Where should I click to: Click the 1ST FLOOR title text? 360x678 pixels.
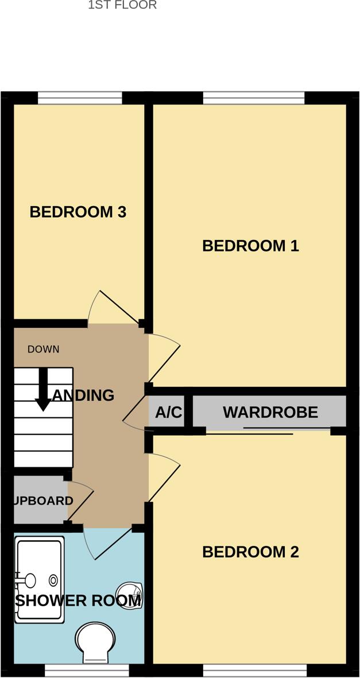click(x=122, y=5)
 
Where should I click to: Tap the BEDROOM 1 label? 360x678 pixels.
click(x=250, y=246)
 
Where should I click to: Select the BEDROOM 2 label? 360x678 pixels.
click(x=250, y=552)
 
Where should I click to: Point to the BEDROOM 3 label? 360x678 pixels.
click(x=78, y=212)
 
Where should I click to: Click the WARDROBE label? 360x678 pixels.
click(x=270, y=412)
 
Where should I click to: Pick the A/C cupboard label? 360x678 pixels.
click(x=168, y=412)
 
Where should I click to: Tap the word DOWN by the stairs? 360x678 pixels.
click(x=43, y=349)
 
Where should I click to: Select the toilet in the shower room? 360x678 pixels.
click(x=95, y=641)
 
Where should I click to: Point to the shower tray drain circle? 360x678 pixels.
click(x=53, y=579)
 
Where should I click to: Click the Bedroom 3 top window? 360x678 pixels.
click(x=80, y=98)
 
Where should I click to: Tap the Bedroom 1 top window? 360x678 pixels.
click(x=253, y=98)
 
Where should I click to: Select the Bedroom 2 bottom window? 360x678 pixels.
click(x=255, y=671)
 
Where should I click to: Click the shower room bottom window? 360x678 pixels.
click(x=87, y=671)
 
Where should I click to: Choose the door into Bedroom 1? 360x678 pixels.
click(x=164, y=359)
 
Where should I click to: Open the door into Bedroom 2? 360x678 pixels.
click(x=164, y=476)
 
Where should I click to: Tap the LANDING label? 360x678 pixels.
click(x=83, y=395)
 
